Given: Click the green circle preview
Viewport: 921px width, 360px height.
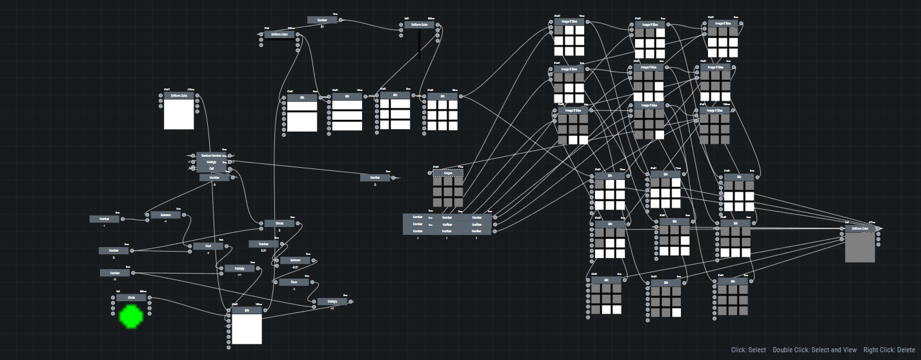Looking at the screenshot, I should coord(131,316).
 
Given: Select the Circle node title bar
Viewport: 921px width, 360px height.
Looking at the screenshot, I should coord(131,297).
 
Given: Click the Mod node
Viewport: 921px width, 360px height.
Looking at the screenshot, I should coord(208,246).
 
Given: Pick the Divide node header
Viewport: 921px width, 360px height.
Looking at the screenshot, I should coord(279,223).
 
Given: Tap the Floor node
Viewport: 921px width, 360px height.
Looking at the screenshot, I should coord(294,282).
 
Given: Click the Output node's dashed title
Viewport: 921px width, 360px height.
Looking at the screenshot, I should coord(448,173).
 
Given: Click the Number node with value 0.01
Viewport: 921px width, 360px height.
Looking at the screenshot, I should coord(263,244).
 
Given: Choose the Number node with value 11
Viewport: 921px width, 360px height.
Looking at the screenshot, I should coord(114,273).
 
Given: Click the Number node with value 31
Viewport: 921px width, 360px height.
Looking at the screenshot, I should coord(321,20).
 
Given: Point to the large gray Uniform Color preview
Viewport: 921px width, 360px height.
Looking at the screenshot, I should coord(860,247).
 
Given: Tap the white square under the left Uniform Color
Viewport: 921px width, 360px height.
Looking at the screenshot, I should coord(179,114).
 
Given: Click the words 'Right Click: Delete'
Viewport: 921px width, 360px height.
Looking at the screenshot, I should coord(887,350).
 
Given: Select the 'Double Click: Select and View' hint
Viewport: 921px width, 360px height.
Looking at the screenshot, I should coord(815,350).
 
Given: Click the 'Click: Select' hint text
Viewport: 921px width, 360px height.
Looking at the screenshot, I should coord(748,350).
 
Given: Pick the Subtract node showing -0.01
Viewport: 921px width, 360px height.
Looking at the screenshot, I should coord(295,261).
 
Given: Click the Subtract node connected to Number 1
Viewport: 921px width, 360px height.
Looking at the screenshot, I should coord(166,215).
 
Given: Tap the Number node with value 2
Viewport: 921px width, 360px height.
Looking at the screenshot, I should coord(114,250).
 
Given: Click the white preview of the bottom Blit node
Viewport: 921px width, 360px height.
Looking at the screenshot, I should coord(247,329).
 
